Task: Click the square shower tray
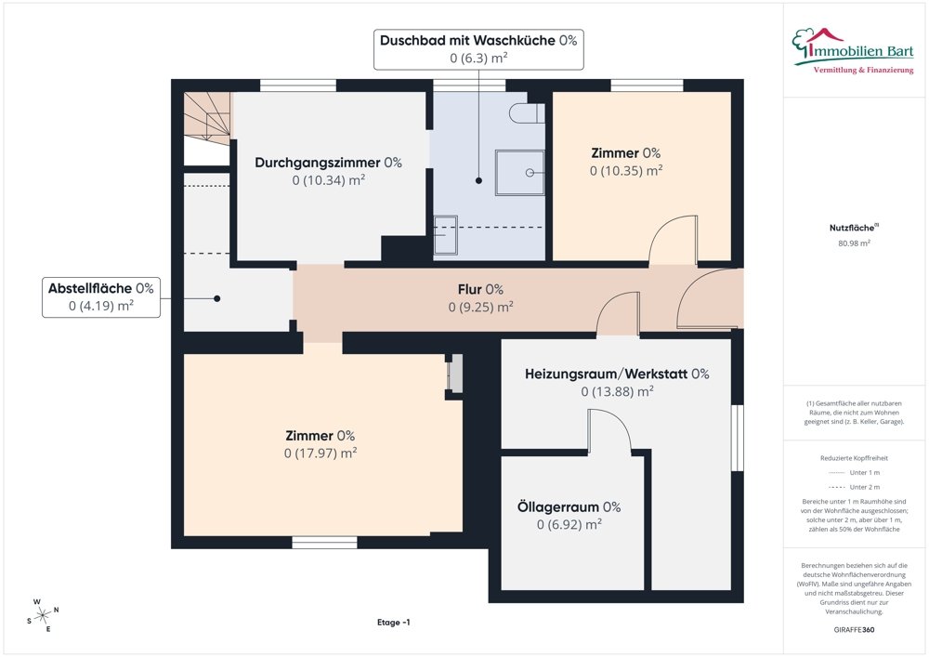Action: [x=519, y=172]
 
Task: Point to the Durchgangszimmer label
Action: [x=328, y=162]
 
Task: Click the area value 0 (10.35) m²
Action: [x=625, y=171]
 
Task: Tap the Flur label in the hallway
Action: [x=480, y=289]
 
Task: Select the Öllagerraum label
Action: [x=569, y=506]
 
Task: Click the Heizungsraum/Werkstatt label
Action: [x=617, y=374]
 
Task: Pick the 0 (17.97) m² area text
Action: [x=321, y=453]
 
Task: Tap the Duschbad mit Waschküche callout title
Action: [x=478, y=41]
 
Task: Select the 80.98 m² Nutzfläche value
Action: [x=855, y=243]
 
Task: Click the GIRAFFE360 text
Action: [x=855, y=629]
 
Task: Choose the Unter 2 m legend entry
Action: [x=863, y=487]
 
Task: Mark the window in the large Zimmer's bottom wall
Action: [x=324, y=543]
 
